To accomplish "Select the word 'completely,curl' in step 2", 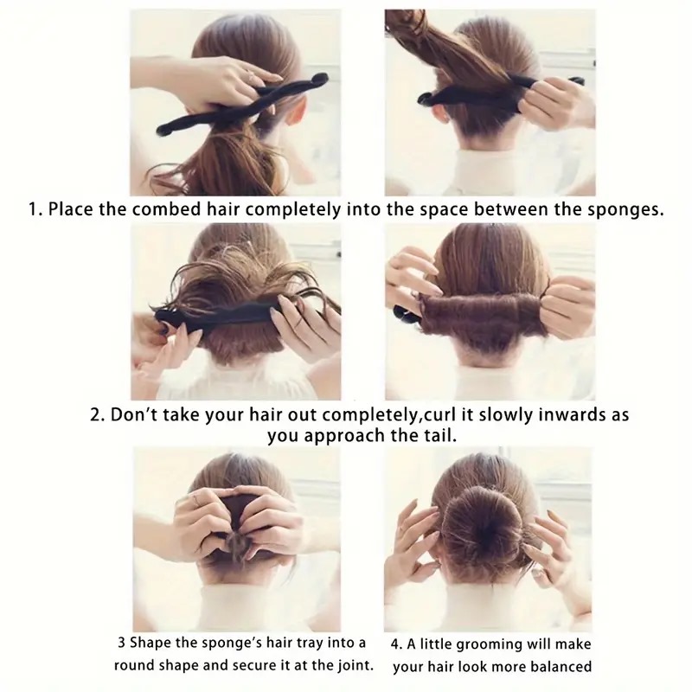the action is tap(398, 416).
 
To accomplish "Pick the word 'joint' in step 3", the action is tap(356, 665).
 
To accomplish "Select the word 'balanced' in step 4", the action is tap(560, 666).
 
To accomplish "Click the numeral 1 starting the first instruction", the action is tap(32, 209).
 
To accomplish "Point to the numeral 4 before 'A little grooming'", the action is tap(395, 644).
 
